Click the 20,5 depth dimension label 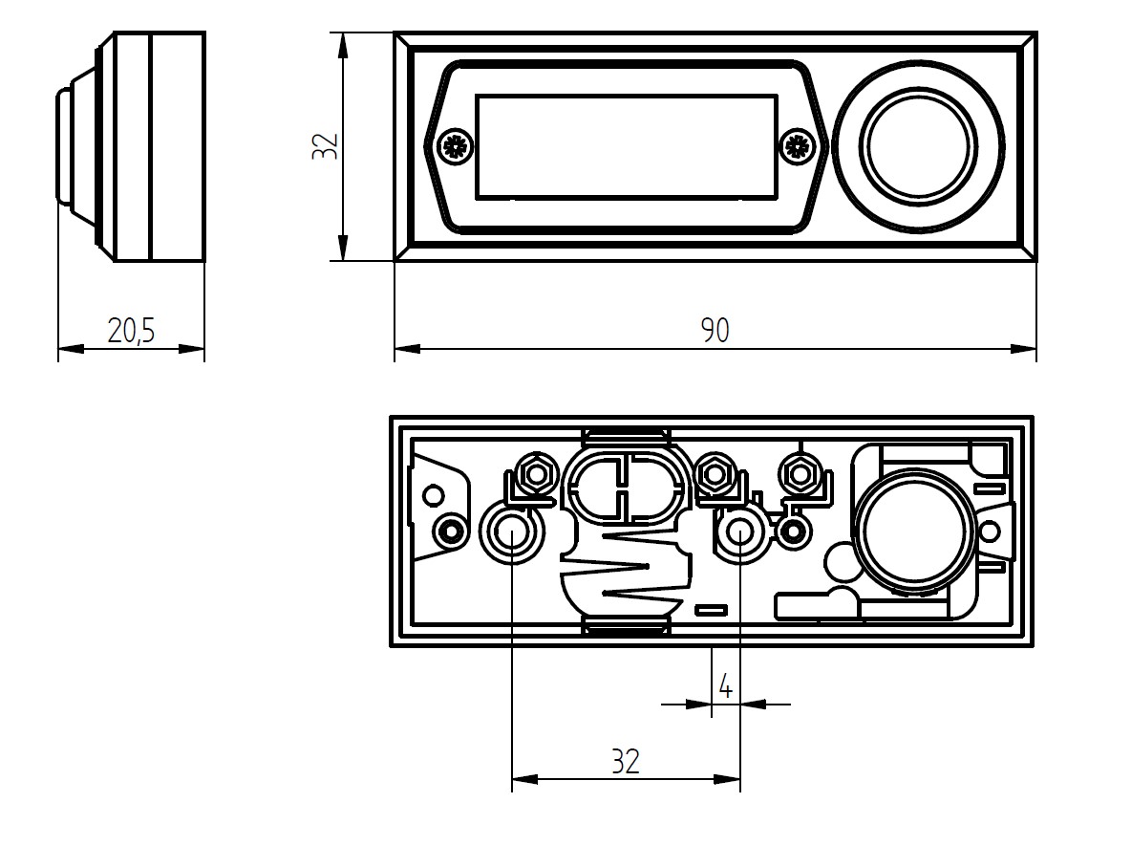[132, 331]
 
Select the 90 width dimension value [715, 330]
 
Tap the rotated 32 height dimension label [326, 146]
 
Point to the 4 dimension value [725, 686]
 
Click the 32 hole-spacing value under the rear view [626, 762]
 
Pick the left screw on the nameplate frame [452, 146]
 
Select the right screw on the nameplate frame [796, 146]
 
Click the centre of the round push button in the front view [918, 146]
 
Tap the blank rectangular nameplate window [626, 146]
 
